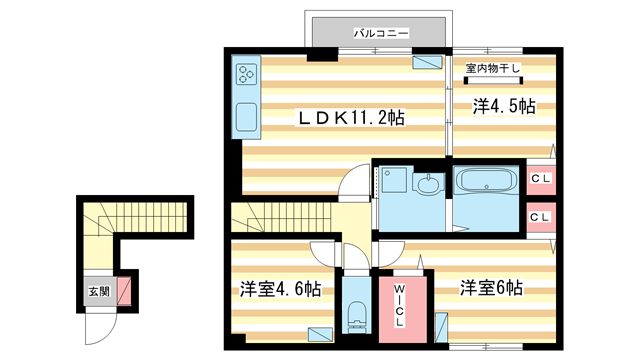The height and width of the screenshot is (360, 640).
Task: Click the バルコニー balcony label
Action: point(381,33)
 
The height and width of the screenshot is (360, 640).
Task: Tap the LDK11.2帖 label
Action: point(351,118)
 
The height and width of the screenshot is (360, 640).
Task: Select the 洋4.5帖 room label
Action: point(504,106)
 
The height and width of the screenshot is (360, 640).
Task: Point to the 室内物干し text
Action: point(493,68)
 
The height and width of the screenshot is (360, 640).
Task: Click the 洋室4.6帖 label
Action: point(280,289)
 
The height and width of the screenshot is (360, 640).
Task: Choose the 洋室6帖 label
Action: point(491,288)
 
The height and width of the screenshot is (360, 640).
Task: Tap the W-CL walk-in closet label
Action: point(400,305)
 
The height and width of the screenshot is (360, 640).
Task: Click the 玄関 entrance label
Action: point(100,291)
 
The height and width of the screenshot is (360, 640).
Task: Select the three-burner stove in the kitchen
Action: point(246,74)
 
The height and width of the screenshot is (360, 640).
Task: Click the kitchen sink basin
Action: point(246,116)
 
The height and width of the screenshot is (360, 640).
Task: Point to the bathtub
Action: point(486,181)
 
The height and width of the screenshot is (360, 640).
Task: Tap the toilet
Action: point(357,317)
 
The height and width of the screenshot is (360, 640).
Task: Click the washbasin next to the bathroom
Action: point(428,183)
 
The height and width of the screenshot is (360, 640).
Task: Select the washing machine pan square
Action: point(394,180)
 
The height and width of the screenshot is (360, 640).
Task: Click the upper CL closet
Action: point(541,180)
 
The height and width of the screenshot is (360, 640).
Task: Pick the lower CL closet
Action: point(541,218)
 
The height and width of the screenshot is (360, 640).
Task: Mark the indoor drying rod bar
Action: point(493,80)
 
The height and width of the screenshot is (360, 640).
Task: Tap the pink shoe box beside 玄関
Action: point(124,291)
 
